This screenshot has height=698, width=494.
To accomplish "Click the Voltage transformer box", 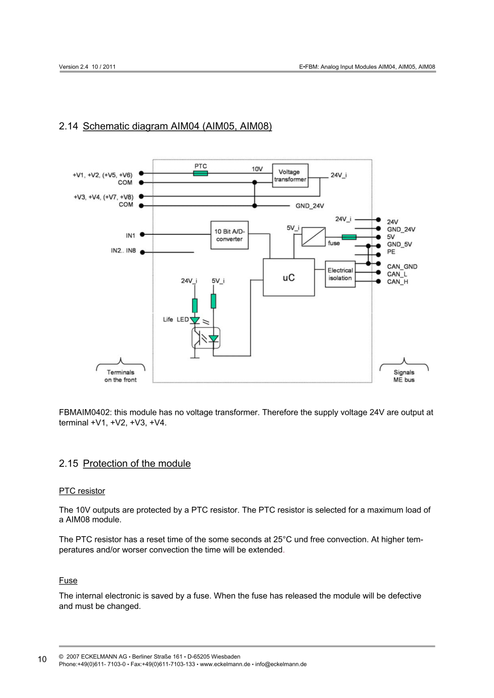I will click(290, 175).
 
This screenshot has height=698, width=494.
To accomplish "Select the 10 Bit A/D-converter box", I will click(229, 234).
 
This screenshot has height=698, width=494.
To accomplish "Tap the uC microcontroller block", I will click(288, 277).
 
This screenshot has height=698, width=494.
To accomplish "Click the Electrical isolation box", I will click(340, 274).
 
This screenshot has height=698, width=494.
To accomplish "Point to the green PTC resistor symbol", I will click(200, 173).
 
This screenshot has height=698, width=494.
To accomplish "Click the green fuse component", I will click(349, 237).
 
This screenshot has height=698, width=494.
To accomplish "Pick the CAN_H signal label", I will click(397, 281).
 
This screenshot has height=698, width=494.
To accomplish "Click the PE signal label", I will click(391, 251).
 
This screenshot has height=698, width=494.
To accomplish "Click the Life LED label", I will click(175, 319).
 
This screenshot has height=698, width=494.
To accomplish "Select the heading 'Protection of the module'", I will click(136, 464).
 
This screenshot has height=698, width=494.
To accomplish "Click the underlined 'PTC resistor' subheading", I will click(82, 490).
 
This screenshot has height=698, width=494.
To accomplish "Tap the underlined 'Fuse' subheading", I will click(68, 581).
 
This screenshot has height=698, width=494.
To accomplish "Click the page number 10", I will click(43, 659).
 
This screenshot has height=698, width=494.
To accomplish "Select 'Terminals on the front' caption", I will click(120, 376).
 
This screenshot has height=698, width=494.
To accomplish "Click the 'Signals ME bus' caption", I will click(404, 376).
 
